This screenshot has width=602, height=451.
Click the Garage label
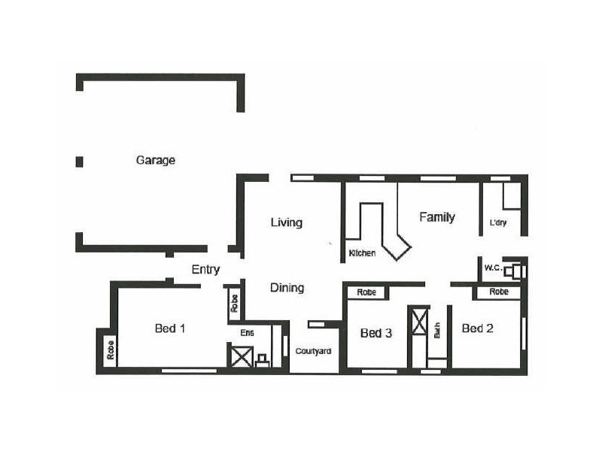[x=155, y=160]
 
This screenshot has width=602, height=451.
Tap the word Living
[x=286, y=222]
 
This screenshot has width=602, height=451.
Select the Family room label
[x=436, y=217]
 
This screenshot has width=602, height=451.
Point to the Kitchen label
[x=362, y=253]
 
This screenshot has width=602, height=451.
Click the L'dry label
[x=497, y=223]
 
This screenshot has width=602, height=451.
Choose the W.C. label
[x=493, y=268]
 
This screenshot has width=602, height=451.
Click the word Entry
[x=205, y=270]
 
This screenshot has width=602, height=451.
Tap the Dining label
[x=287, y=288]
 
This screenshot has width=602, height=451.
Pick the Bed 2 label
[x=477, y=328]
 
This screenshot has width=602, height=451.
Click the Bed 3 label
[x=376, y=333]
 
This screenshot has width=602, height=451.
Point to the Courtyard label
[x=312, y=351]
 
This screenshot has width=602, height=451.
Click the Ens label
[x=247, y=333]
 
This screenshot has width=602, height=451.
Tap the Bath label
[x=436, y=331]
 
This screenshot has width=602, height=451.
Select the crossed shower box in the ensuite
[x=241, y=356]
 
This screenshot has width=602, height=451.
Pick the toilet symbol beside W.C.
[x=515, y=271]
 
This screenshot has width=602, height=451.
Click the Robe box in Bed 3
[x=366, y=292]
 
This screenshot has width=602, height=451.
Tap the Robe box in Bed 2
[x=497, y=292]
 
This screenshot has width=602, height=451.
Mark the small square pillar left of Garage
[x=79, y=161]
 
